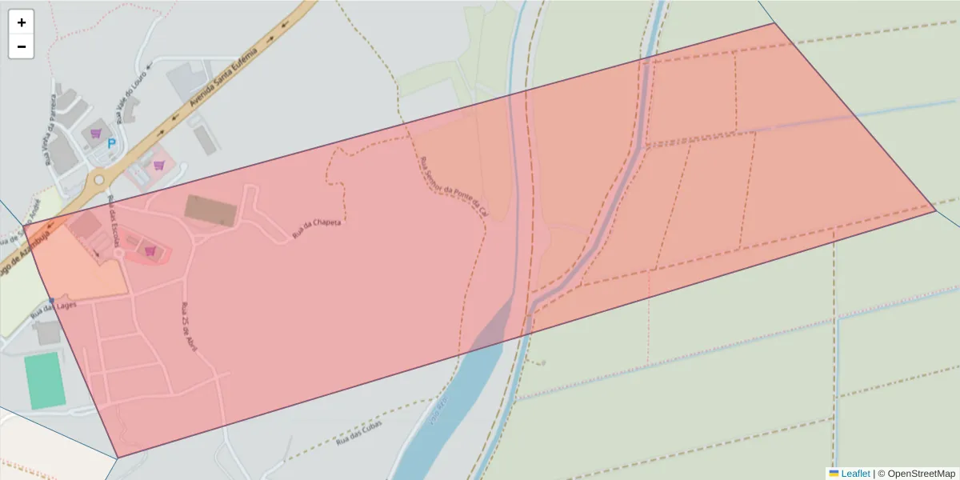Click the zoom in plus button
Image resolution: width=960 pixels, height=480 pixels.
(22, 22)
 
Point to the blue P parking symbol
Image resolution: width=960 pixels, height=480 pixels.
(112, 144)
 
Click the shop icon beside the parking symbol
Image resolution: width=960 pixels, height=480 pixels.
(96, 134)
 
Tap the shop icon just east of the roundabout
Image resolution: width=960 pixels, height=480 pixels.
(159, 165)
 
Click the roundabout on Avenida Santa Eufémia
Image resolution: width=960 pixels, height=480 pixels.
(98, 180)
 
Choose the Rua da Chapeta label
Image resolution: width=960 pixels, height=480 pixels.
(317, 227)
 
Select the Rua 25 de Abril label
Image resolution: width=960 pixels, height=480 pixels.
(190, 329)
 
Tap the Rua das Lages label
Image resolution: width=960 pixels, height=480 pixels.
(53, 308)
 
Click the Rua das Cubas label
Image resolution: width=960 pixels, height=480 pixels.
(359, 431)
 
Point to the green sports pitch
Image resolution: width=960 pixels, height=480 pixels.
(45, 382)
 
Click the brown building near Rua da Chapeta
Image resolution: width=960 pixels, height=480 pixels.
(211, 210)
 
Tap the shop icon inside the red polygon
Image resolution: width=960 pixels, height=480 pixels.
(150, 250)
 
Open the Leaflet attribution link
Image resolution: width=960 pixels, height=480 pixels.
(855, 474)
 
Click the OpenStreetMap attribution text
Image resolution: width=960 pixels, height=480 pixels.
(921, 474)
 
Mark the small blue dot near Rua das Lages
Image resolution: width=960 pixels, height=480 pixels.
(51, 301)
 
